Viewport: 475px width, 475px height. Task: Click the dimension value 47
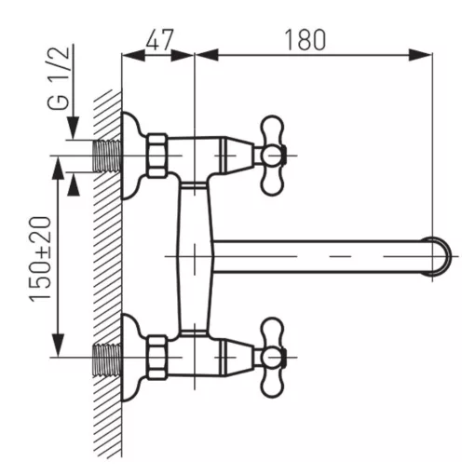[x=159, y=40]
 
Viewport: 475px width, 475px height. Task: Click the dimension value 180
[x=305, y=40]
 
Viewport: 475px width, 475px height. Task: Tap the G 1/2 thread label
[x=58, y=77]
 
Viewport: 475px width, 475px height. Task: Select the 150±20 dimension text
[x=40, y=259]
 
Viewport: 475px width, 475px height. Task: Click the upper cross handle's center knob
[x=269, y=156]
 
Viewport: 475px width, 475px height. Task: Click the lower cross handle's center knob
[x=269, y=358]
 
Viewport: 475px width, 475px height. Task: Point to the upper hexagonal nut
[x=156, y=156]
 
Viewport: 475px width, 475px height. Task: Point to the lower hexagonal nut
[x=156, y=357]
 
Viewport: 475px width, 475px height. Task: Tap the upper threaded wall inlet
[x=107, y=156]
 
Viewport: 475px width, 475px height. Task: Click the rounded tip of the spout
[x=441, y=256]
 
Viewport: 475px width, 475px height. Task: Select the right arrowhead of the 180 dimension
[x=420, y=55]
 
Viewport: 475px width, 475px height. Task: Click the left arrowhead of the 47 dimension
[x=133, y=55]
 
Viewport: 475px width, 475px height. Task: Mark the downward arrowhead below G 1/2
[x=74, y=128]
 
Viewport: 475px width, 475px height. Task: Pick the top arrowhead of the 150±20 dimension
[x=58, y=168]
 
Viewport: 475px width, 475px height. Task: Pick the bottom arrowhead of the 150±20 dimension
[x=58, y=346]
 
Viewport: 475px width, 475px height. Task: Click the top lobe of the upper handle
[x=273, y=129]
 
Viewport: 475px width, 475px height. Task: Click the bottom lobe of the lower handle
[x=273, y=383]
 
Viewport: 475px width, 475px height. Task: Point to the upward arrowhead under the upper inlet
[x=74, y=184]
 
